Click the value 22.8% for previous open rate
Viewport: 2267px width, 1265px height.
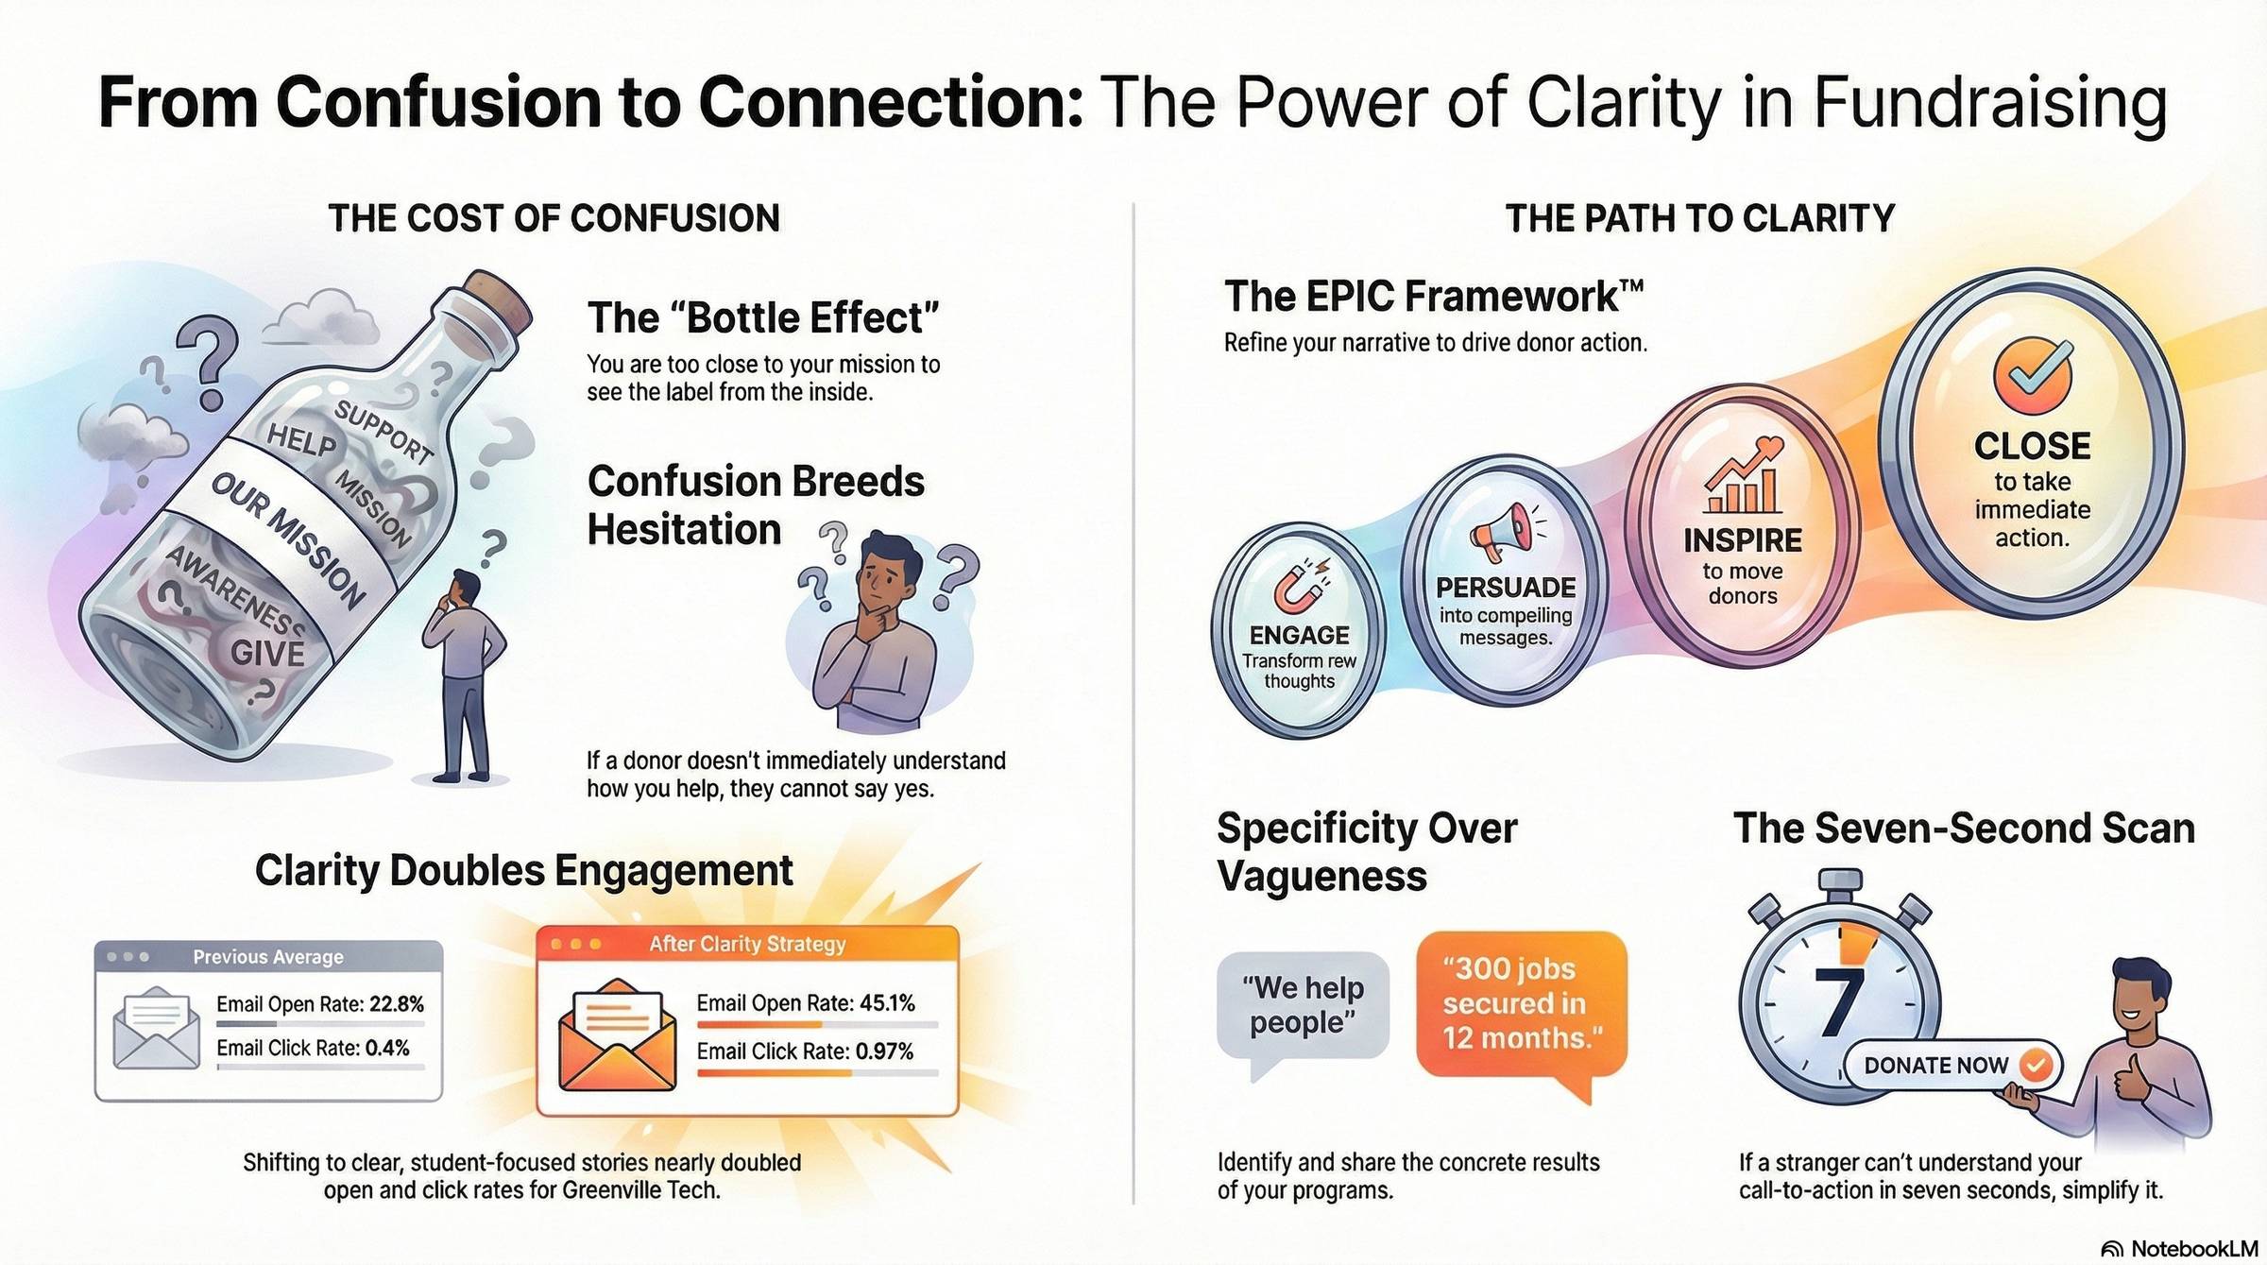(397, 1003)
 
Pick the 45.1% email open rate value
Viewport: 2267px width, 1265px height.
(887, 1002)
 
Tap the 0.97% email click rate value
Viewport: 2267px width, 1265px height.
(884, 1051)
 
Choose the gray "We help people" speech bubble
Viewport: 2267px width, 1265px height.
(1303, 1005)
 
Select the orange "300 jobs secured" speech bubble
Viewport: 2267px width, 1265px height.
(1520, 1003)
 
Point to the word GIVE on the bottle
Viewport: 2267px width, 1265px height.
(267, 653)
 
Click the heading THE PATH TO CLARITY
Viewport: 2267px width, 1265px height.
(1699, 218)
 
